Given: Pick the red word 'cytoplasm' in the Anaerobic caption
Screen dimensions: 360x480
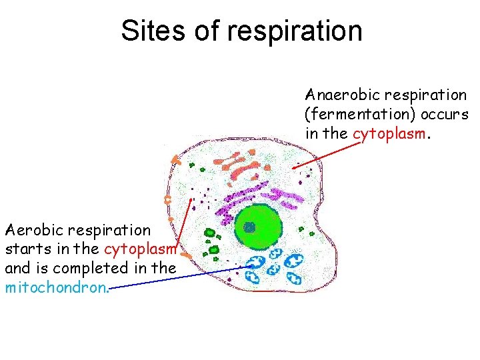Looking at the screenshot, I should (x=388, y=134).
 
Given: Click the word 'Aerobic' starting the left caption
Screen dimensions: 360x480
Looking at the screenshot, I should (x=33, y=231).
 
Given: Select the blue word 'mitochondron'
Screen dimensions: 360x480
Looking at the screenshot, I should (x=55, y=288).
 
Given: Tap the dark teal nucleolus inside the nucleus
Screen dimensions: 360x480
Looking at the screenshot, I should (x=250, y=227).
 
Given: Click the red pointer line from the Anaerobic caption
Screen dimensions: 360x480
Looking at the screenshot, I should (x=327, y=154).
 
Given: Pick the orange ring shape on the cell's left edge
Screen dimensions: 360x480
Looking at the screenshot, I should (x=168, y=199).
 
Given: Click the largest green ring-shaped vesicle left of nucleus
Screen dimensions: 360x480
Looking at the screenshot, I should (x=211, y=233).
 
